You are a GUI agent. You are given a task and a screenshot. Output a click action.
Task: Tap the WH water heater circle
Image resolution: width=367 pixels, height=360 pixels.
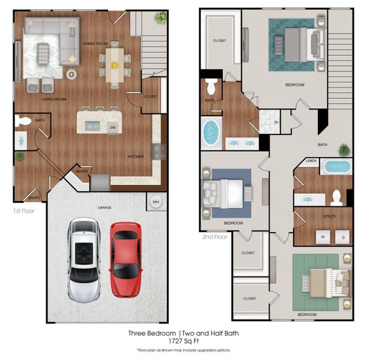156,202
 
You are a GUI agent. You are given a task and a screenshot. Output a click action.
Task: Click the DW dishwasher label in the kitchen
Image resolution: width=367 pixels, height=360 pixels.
112,127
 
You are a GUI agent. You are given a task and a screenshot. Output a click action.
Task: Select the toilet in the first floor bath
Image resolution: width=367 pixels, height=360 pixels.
23,121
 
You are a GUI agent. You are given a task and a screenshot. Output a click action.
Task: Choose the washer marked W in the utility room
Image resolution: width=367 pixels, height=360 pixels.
323,236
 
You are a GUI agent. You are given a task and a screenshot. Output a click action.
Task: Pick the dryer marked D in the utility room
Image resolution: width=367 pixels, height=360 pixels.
343,236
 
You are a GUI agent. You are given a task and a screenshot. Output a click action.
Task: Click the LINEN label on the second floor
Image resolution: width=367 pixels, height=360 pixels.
311,161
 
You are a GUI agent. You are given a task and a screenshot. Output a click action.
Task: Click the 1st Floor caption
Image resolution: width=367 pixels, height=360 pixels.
23,212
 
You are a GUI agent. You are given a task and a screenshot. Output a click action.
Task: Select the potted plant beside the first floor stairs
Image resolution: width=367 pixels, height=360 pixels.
160,17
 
